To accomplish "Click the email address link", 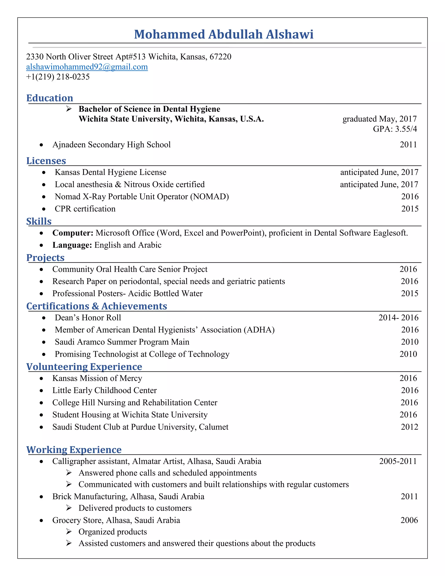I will (x=87, y=67).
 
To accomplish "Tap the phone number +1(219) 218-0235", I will (x=58, y=77).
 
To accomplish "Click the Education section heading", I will (x=50, y=98).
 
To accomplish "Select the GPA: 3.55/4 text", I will (x=395, y=129).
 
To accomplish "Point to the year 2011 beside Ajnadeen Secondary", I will (x=408, y=145).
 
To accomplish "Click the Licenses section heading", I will (x=46, y=161).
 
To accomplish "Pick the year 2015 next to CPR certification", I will (x=410, y=209).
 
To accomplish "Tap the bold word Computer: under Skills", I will (x=73, y=233).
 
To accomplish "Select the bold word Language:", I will (x=72, y=245).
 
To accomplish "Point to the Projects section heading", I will (x=45, y=257).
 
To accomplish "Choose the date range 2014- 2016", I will (x=398, y=318).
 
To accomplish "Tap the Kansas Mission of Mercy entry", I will (x=97, y=378).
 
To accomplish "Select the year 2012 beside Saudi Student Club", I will (x=409, y=427).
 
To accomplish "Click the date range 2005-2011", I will (x=398, y=461).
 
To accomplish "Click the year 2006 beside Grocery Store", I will (x=409, y=520).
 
